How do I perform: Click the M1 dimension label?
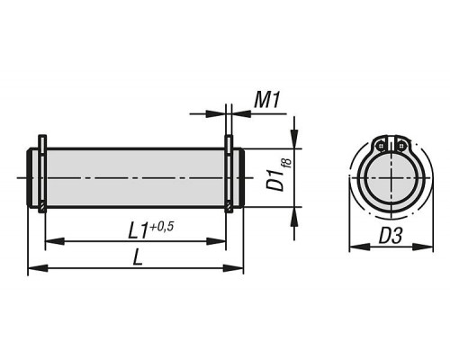click(x=267, y=100)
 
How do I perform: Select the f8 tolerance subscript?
click(x=287, y=164)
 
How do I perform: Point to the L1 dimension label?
click(x=138, y=231)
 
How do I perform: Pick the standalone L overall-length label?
click(x=138, y=257)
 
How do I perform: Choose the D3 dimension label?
click(x=391, y=236)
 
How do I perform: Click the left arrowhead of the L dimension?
click(x=38, y=268)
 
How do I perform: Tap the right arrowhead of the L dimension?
click(x=233, y=268)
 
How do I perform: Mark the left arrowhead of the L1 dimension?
click(x=55, y=241)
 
